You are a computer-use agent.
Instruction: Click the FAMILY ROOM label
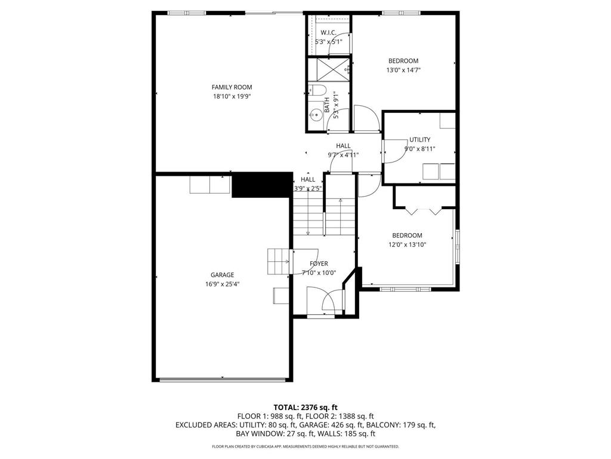232,87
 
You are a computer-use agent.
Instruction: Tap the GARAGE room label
222,275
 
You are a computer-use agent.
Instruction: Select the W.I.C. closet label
328,32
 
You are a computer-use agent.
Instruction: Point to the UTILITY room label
419,140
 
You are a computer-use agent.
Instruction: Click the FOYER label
319,264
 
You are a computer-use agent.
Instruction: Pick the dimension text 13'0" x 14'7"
403,70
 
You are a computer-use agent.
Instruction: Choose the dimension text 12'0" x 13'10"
407,244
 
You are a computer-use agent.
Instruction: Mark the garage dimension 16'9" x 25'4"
222,284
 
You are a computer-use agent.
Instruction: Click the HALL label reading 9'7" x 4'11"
343,150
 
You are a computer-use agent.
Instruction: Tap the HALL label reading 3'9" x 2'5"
308,183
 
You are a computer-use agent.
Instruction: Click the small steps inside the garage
278,261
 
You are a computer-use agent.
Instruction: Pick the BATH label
327,106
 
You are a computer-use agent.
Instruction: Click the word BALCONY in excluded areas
372,425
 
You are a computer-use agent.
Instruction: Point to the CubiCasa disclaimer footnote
305,446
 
